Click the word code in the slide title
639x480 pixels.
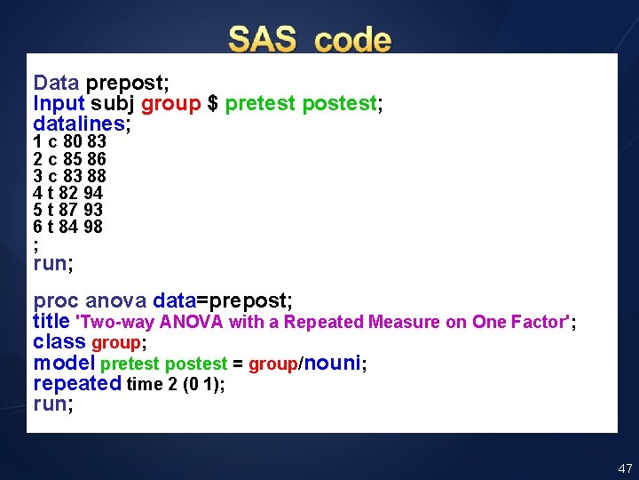tap(352, 40)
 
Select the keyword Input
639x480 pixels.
tap(59, 103)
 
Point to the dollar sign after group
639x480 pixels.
tap(212, 103)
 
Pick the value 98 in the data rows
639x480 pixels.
tap(93, 227)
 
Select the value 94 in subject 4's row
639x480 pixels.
tap(93, 193)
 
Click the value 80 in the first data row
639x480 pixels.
tap(73, 141)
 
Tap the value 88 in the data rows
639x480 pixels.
tap(96, 176)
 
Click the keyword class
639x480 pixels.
tap(59, 342)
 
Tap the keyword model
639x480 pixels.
tap(64, 363)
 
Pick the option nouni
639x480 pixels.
tap(333, 363)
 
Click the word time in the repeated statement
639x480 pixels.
tap(145, 384)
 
